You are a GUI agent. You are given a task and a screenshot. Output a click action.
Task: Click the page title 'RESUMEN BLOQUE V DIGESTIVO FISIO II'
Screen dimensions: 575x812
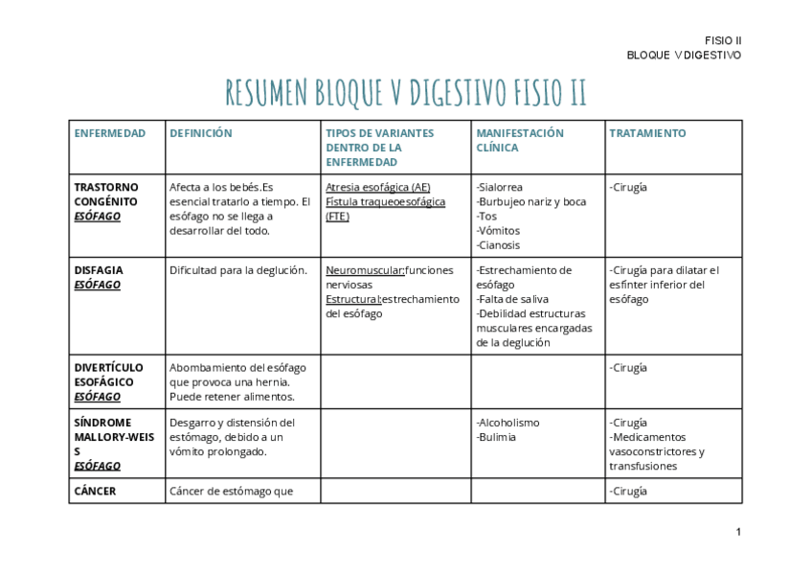pyautogui.click(x=406, y=93)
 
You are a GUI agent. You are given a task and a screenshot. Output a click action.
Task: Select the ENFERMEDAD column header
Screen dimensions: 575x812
pyautogui.click(x=110, y=133)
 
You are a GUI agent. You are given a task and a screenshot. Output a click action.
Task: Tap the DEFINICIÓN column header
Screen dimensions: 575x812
pyautogui.click(x=201, y=133)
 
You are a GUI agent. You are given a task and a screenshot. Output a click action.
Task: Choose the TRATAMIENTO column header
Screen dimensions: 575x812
pyautogui.click(x=647, y=133)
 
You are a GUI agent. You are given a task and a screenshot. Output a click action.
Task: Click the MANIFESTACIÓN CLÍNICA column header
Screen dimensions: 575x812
pyautogui.click(x=520, y=141)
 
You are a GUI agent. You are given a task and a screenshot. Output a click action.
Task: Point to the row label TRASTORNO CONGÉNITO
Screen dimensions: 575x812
pyautogui.click(x=106, y=195)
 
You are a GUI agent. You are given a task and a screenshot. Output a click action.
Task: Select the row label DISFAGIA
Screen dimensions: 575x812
pyautogui.click(x=99, y=270)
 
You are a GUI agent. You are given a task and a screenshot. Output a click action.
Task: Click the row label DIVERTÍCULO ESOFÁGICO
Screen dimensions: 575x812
pyautogui.click(x=109, y=375)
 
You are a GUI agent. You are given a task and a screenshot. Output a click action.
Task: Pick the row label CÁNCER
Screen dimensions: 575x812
pyautogui.click(x=96, y=492)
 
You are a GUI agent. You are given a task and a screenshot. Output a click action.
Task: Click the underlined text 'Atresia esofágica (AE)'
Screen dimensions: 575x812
pyautogui.click(x=378, y=188)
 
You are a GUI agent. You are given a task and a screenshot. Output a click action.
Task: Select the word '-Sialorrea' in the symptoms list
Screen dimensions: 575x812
pyautogui.click(x=499, y=188)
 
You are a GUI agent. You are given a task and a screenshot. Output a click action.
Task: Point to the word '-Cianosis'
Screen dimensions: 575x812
pyautogui.click(x=498, y=245)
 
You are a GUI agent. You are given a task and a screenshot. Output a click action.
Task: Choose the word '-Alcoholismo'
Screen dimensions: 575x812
pyautogui.click(x=507, y=423)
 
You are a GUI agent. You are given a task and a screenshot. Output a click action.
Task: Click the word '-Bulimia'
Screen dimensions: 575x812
pyautogui.click(x=496, y=437)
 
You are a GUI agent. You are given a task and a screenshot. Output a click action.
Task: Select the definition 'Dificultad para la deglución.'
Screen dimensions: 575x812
pyautogui.click(x=238, y=270)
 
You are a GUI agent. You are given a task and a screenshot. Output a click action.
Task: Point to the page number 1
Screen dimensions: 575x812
pyautogui.click(x=738, y=533)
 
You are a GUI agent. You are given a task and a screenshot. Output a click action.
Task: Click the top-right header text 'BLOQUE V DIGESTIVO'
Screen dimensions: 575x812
pyautogui.click(x=684, y=56)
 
